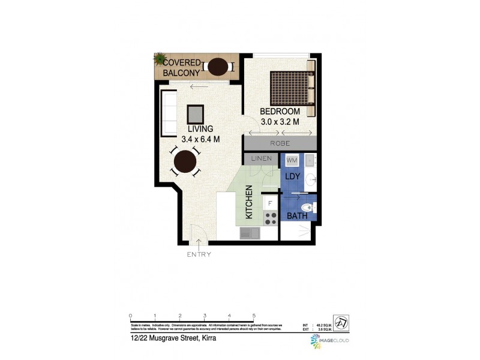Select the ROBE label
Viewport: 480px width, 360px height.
click(280, 143)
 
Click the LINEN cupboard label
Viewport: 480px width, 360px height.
click(262, 159)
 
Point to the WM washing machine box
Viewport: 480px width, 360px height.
click(292, 161)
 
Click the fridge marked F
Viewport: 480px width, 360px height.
click(269, 203)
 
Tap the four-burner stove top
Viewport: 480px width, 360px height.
click(270, 217)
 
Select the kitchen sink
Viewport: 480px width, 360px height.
click(250, 233)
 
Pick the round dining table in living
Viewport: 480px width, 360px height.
click(185, 161)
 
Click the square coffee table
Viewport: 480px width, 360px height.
click(195, 113)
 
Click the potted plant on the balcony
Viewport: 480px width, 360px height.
click(160, 59)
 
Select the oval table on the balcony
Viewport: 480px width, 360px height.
click(217, 66)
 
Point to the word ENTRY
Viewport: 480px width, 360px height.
click(199, 254)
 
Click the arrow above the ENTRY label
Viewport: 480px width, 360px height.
click(199, 244)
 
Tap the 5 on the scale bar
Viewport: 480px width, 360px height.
click(254, 316)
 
